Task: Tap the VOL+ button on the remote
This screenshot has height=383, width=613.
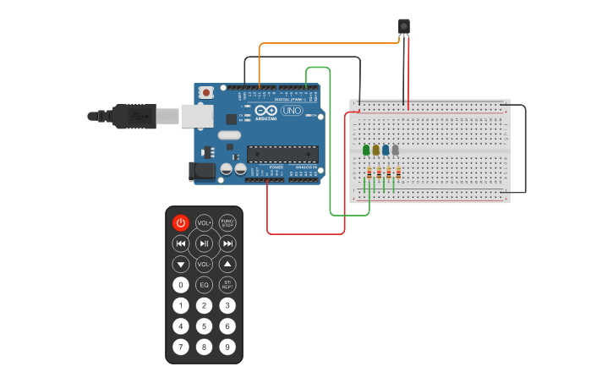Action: point(204,222)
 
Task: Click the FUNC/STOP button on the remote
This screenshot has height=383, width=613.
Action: point(227,222)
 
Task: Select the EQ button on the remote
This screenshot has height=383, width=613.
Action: point(204,285)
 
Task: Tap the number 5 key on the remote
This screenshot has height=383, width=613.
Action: point(204,326)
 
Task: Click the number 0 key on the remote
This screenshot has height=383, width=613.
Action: point(180,285)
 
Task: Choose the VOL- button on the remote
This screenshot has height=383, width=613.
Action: point(204,264)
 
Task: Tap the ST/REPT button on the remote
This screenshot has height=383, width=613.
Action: point(227,285)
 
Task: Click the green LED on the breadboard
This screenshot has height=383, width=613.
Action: point(366,150)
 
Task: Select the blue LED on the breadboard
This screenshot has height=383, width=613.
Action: point(386,150)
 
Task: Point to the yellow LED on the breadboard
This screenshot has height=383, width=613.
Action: point(376,150)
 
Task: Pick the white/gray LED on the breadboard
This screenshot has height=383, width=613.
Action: point(395,150)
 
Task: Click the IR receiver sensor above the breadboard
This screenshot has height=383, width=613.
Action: point(404,27)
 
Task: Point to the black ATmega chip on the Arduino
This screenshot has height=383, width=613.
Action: point(282,154)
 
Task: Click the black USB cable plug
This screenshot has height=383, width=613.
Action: point(134,116)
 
